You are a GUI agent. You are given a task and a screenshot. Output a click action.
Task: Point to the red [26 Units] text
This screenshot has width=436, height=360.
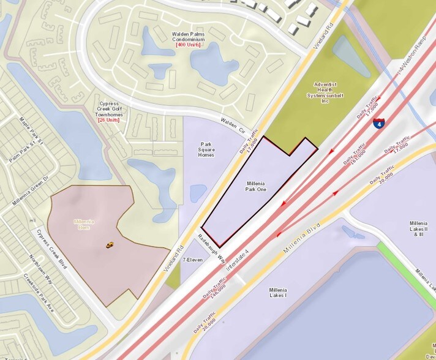(x=108, y=119)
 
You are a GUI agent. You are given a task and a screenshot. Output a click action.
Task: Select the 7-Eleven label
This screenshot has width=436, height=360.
(x=193, y=260)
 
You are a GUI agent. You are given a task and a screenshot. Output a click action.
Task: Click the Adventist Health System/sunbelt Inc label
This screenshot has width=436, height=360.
(x=325, y=92)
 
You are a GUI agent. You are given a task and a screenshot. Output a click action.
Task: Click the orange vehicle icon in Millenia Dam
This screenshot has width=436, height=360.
(x=110, y=245)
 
